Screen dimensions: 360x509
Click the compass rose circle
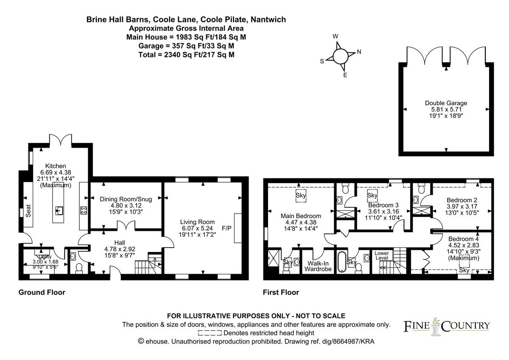[340, 56]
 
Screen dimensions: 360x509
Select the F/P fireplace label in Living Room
[227, 228]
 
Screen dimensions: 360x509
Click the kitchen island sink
[58, 209]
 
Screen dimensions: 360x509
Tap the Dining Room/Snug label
[126, 199]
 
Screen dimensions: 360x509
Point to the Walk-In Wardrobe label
[319, 266]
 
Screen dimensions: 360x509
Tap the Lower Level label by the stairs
[382, 256]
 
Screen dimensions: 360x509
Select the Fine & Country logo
[446, 326]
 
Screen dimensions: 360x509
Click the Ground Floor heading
[42, 292]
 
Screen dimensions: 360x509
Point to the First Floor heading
[281, 292]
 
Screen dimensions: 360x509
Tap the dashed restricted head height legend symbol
[210, 333]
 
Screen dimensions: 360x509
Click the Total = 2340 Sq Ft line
[187, 55]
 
